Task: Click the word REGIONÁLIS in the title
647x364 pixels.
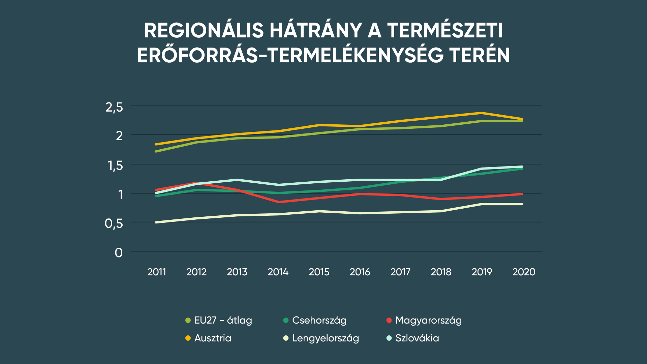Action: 204,31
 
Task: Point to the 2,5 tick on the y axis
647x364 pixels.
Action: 114,108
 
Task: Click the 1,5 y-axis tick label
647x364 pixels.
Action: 115,166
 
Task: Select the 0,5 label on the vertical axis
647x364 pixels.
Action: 114,223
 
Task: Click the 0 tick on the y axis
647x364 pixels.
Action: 119,252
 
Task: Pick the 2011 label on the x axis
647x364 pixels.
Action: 157,272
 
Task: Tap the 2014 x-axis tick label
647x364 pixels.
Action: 278,272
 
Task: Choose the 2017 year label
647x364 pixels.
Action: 400,272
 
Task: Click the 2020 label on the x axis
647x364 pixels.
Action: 524,272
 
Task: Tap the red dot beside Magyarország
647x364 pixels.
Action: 389,320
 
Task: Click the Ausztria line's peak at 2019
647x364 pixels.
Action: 482,113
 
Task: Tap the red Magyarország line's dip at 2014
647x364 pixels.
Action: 279,202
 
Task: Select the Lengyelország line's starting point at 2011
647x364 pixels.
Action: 156,222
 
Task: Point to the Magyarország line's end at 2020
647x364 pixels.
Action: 522,194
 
